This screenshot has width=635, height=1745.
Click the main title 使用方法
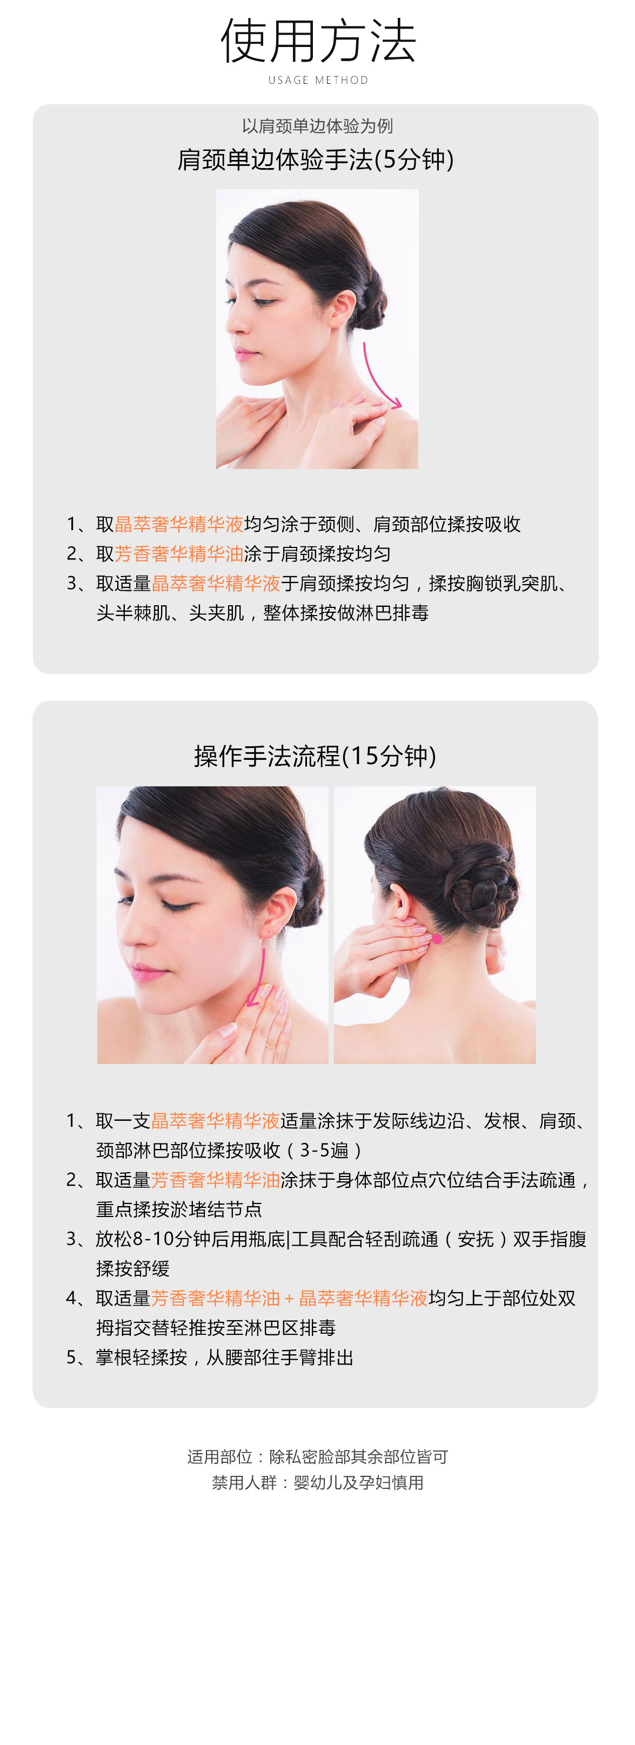318,42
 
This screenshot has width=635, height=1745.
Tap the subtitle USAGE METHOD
318,80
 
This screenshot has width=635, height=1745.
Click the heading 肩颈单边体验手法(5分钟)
316,160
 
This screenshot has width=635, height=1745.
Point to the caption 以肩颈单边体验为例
317,126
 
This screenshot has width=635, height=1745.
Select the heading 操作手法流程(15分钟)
315,756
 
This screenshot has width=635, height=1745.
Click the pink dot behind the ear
437,939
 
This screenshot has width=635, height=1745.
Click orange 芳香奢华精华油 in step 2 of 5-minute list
179,554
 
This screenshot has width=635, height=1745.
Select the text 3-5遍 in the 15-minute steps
324,1150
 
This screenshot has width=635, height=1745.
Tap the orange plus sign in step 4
289,1299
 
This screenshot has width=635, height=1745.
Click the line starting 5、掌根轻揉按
210,1358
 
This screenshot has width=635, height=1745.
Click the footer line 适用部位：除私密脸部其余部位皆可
317,1456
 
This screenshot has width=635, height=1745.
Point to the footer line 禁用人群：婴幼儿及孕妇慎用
317,1483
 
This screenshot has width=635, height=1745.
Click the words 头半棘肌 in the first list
133,613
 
